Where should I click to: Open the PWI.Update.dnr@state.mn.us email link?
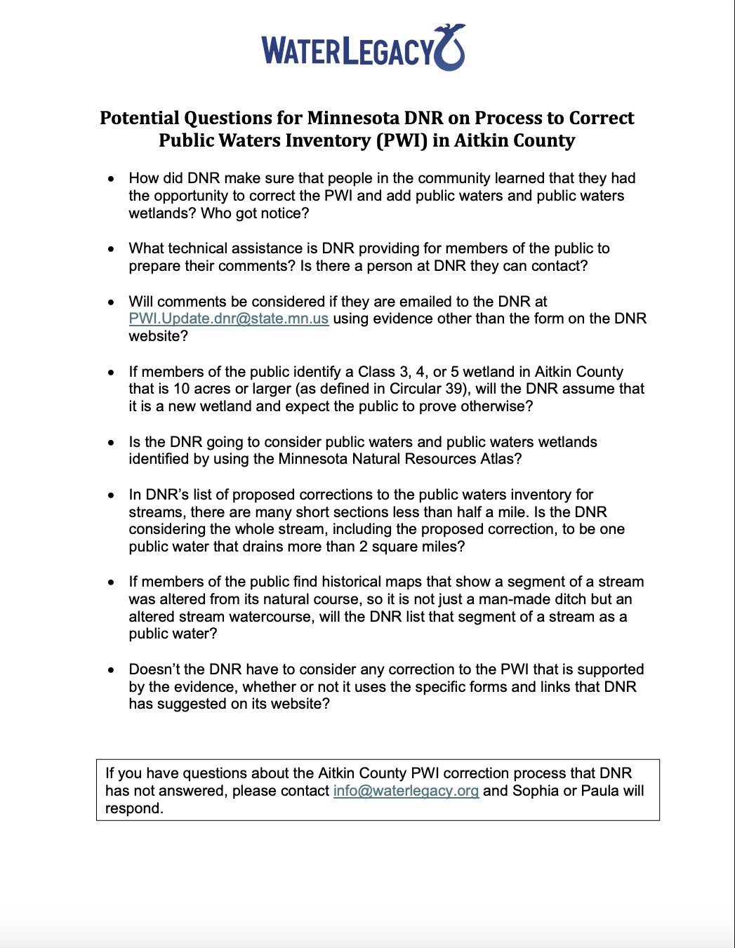click(229, 319)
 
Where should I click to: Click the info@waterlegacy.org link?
click(406, 791)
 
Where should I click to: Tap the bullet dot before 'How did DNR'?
click(111, 179)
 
